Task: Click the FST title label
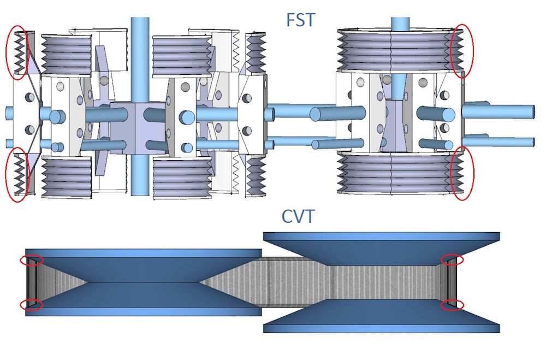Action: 300,20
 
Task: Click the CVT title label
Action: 298,216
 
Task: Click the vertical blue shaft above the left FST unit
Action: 140,59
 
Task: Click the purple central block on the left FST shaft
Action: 138,128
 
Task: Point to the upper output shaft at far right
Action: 498,111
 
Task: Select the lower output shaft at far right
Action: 498,141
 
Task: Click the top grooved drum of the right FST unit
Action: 400,50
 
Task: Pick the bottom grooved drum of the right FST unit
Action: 400,173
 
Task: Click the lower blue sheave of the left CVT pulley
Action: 144,299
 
